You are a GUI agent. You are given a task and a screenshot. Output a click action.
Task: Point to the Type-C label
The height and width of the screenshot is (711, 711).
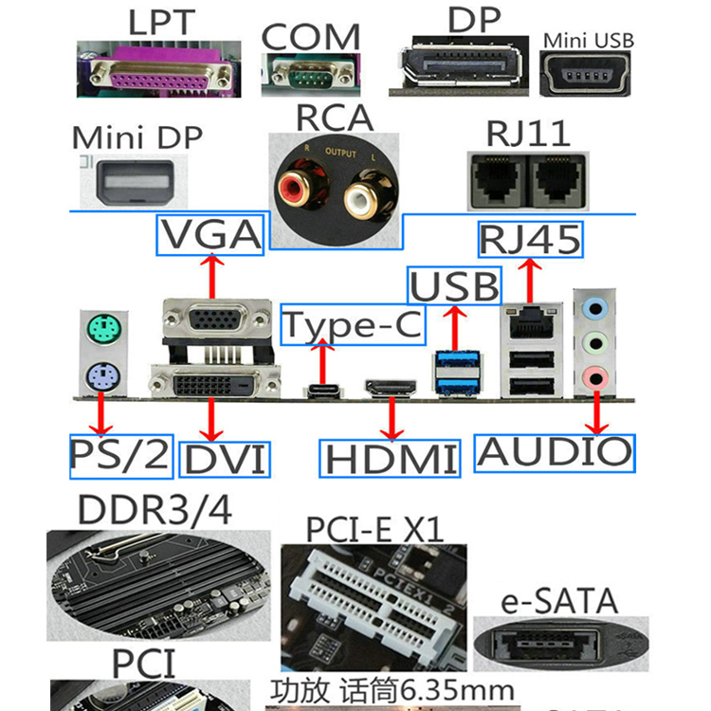tap(353, 324)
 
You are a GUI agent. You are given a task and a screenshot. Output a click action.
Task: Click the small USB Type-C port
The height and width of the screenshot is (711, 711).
tap(324, 390)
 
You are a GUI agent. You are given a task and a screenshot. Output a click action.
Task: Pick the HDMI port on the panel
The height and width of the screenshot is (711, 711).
tap(391, 388)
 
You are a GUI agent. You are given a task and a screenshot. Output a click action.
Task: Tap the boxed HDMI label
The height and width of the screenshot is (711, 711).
tap(390, 459)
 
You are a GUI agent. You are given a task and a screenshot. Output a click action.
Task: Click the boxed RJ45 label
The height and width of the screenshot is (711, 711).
tap(530, 238)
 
